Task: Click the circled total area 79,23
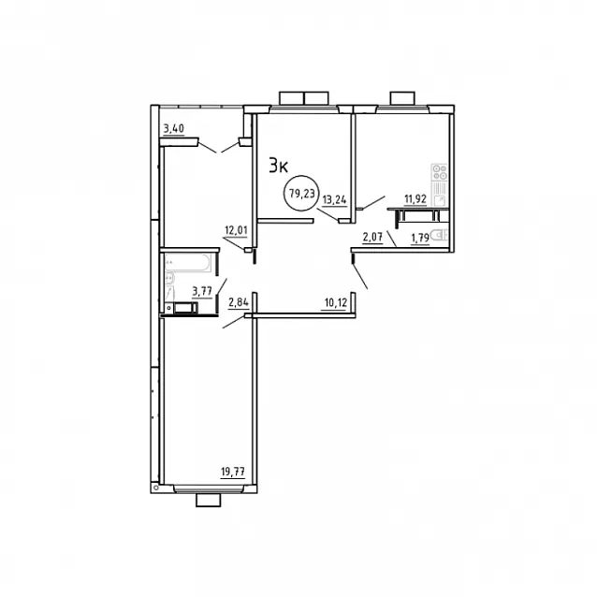coord(302,194)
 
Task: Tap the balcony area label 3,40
coord(174,129)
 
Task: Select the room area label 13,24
coord(335,200)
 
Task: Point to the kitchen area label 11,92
coord(415,198)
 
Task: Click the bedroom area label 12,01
coord(236,230)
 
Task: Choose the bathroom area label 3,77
coord(202,292)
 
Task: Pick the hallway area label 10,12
coord(335,303)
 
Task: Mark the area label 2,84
coord(239,302)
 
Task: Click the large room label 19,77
coord(233,473)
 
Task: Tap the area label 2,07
coord(372,238)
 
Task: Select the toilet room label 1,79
coord(420,239)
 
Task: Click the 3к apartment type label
coord(278,167)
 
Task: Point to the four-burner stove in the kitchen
coord(440,172)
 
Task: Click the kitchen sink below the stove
coord(440,200)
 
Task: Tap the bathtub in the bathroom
coord(188,263)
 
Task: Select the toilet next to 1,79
coord(442,235)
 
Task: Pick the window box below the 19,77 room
coord(209,500)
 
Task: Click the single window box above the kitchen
coord(402,97)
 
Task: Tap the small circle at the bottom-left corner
coord(155,487)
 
